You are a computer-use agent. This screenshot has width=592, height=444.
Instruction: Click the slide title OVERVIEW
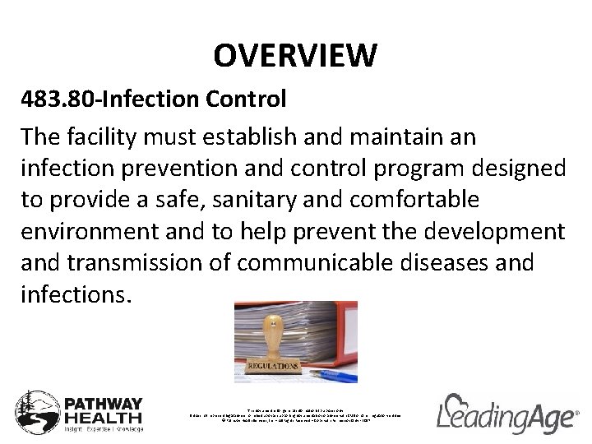[x=295, y=56]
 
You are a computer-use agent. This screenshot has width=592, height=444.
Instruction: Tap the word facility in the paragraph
[x=106, y=136]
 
